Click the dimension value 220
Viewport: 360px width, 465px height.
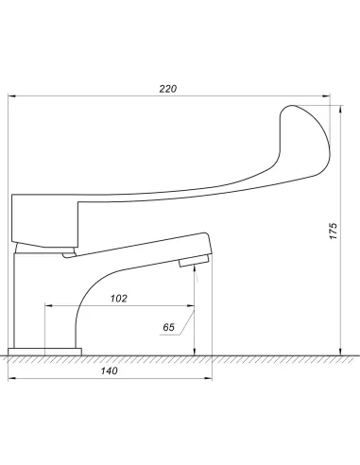(x=168, y=89)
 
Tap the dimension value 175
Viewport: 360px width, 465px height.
(x=334, y=231)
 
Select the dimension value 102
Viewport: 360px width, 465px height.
(x=119, y=299)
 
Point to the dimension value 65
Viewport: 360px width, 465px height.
(x=168, y=327)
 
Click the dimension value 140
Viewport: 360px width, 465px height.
(x=110, y=370)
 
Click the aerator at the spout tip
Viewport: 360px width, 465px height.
(x=194, y=261)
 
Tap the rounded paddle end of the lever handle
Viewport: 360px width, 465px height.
(x=305, y=140)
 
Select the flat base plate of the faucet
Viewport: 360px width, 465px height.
(x=44, y=352)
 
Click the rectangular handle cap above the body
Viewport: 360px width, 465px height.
(x=45, y=220)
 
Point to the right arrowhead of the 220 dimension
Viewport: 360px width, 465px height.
(x=326, y=96)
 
